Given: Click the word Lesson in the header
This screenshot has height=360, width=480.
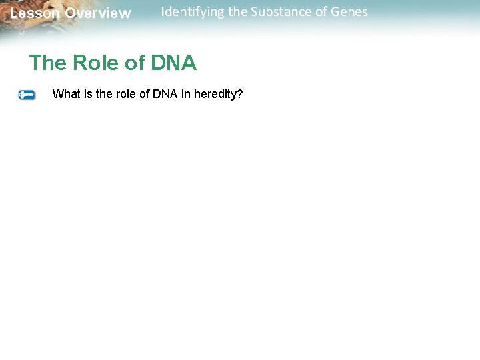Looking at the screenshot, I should pos(35,13).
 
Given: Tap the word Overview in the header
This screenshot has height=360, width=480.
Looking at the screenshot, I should pos(98,13).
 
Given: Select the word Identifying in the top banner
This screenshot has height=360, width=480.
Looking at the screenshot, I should pos(193,12).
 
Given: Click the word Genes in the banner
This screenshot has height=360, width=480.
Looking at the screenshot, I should pos(349,12).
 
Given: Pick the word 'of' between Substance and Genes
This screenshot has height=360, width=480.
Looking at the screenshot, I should pos(321,12).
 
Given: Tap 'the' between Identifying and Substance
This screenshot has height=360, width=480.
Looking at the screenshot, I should pos(237,12).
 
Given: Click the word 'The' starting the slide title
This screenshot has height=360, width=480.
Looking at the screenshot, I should pos(47,63).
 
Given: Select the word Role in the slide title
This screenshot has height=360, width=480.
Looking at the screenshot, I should pos(93,63).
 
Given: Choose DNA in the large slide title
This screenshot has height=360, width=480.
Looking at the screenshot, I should pos(173,63).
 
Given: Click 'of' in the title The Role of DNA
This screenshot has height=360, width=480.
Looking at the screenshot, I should pos(134,63).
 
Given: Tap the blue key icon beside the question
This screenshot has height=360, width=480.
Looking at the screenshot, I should pos(27,95).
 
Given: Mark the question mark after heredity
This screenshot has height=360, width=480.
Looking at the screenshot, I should pos(240,94).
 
